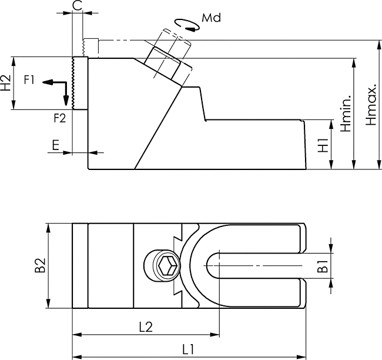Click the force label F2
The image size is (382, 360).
(x=59, y=118)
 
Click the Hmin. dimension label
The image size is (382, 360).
(x=346, y=112)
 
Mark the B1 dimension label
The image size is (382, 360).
(x=322, y=265)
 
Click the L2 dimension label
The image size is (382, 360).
(x=144, y=328)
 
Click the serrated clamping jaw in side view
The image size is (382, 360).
(x=76, y=83)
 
